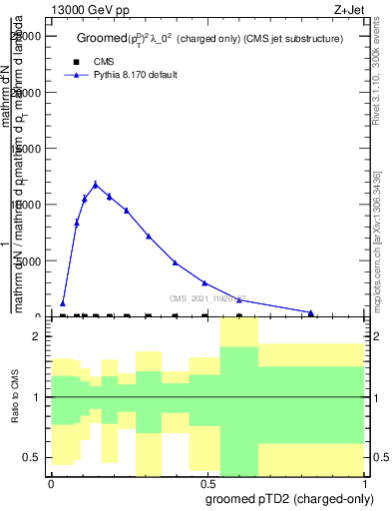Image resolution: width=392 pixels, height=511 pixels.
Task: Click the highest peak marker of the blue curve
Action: (x=96, y=185)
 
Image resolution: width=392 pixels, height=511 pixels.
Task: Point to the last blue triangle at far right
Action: (x=311, y=312)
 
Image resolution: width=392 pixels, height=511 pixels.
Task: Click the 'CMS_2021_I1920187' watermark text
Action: (x=206, y=297)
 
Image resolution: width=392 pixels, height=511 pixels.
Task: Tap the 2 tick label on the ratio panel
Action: (x=37, y=336)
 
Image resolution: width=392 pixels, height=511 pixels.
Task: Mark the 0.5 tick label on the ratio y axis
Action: (x=32, y=457)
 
